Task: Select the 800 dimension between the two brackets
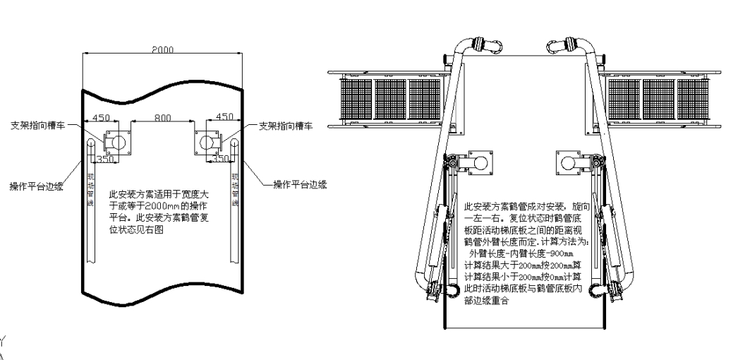pos(164,119)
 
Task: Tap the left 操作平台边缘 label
pos(36,187)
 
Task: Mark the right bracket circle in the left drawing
pos(210,142)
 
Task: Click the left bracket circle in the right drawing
pos(480,164)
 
